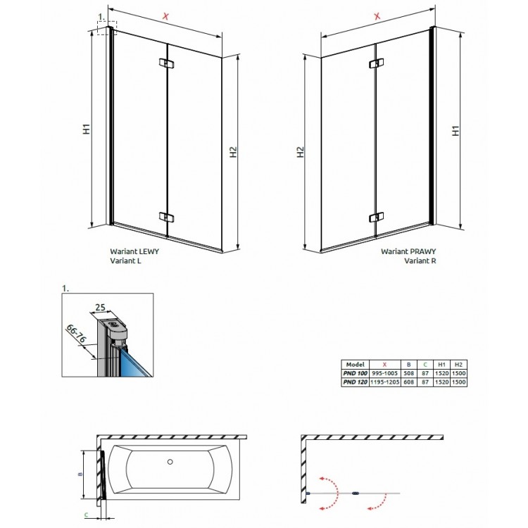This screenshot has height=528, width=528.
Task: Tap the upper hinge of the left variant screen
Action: pyautogui.click(x=165, y=64)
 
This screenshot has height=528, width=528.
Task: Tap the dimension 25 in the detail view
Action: pyautogui.click(x=100, y=307)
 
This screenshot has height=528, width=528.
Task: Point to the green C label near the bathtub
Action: pyautogui.click(x=86, y=515)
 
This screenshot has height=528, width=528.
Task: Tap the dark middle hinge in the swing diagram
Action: pyautogui.click(x=356, y=493)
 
